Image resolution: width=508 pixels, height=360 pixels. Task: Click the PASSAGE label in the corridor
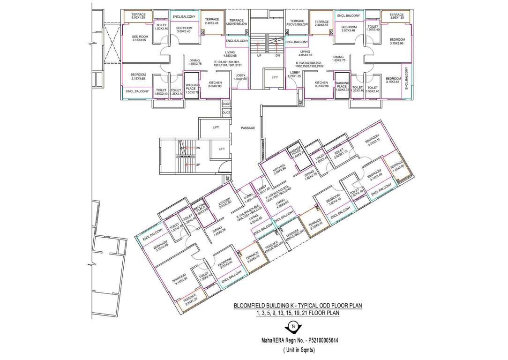[248, 128]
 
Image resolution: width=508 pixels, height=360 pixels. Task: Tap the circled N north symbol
[293, 326]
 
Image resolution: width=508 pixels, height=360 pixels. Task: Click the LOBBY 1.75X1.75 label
[295, 74]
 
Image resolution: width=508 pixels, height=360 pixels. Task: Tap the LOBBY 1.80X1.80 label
[240, 77]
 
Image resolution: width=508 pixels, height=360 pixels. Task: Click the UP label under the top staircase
[259, 56]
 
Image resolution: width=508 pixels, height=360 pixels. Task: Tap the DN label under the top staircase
[277, 56]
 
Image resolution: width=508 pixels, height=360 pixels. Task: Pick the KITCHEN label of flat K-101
[215, 85]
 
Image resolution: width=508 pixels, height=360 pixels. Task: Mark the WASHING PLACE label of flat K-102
[342, 87]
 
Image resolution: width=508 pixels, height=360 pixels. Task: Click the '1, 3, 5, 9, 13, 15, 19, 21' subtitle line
[298, 313]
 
